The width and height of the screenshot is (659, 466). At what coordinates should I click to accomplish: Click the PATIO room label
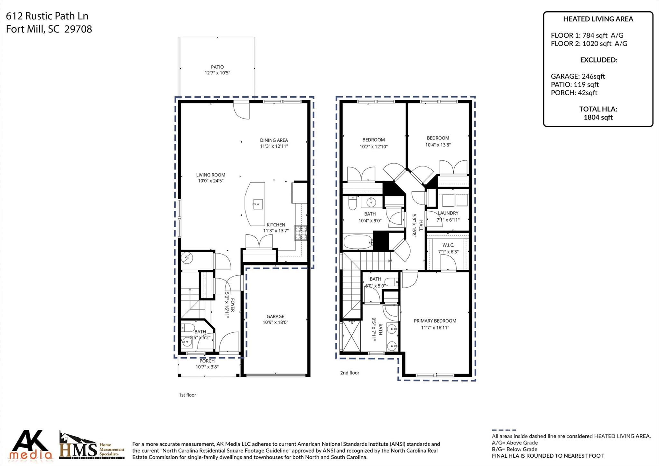(217, 67)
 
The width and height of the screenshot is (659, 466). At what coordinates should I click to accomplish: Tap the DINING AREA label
(274, 140)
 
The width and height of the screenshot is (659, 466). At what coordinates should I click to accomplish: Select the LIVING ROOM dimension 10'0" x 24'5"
(211, 181)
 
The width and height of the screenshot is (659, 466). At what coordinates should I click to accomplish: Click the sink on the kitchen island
(257, 204)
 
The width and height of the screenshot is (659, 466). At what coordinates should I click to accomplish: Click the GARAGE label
(275, 317)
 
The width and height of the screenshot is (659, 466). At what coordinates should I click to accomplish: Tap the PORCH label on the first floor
(207, 361)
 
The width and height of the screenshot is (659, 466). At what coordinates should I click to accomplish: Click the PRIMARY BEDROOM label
(435, 321)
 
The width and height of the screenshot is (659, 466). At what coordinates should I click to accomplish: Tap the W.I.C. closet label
(448, 245)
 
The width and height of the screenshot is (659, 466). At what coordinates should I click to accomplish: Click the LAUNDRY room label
(448, 213)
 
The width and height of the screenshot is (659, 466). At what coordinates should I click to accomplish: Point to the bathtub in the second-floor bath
(357, 242)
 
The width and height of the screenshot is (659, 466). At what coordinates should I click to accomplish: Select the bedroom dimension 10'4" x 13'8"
(438, 145)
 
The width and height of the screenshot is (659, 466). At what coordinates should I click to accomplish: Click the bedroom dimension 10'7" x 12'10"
(374, 147)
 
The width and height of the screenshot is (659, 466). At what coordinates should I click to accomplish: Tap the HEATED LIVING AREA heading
(598, 19)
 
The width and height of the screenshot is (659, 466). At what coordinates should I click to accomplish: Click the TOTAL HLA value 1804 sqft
(598, 118)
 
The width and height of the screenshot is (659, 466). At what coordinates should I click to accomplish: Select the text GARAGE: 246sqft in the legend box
(578, 76)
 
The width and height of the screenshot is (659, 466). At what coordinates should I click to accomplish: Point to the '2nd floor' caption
(349, 373)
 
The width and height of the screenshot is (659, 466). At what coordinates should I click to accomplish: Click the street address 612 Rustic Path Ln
(47, 16)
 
